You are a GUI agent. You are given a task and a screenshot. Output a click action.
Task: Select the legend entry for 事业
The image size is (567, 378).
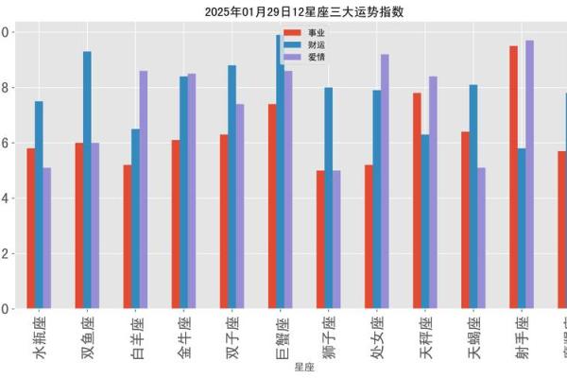(x=301, y=33)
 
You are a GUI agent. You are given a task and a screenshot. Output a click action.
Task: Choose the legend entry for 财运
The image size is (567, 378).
(x=301, y=45)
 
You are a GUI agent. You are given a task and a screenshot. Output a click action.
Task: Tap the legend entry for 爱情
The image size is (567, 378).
(x=301, y=57)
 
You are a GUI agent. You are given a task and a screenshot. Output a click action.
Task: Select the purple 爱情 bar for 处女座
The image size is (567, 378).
(x=385, y=180)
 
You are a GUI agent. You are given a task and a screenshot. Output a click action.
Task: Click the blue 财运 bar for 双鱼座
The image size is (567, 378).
(x=87, y=180)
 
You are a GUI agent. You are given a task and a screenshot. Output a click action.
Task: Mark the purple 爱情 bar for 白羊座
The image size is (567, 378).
(x=144, y=189)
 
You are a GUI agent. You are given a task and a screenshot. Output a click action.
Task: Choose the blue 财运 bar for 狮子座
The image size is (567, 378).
(x=328, y=198)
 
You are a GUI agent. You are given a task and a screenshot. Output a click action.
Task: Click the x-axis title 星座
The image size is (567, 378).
(x=303, y=367)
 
